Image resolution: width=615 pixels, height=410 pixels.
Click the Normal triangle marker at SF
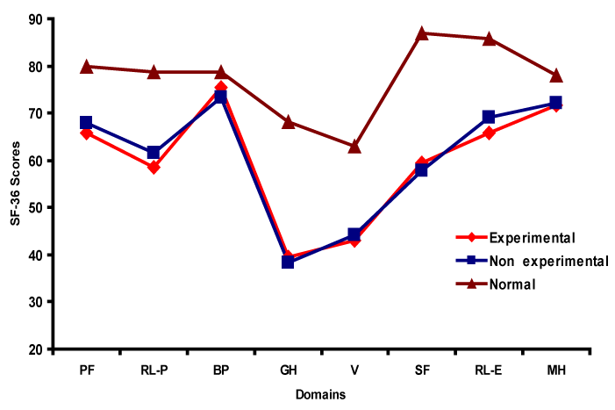[422, 33]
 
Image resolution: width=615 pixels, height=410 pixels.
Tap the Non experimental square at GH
[288, 262]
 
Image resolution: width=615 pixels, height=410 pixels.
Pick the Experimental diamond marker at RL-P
[154, 167]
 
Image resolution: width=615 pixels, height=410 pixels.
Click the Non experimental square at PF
[86, 122]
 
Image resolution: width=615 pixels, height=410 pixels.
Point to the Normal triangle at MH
[555, 76]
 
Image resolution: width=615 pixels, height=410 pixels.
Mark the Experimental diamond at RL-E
[489, 133]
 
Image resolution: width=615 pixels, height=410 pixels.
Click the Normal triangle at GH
[288, 122]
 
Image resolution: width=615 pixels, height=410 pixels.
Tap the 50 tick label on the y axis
[37, 207]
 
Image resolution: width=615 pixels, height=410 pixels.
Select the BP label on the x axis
[220, 370]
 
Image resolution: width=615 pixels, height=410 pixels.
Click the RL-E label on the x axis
[489, 370]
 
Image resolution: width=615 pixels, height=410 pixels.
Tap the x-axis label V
[354, 370]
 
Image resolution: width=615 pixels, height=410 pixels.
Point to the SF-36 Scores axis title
[14, 184]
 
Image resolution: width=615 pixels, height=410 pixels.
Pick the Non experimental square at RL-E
[489, 117]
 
